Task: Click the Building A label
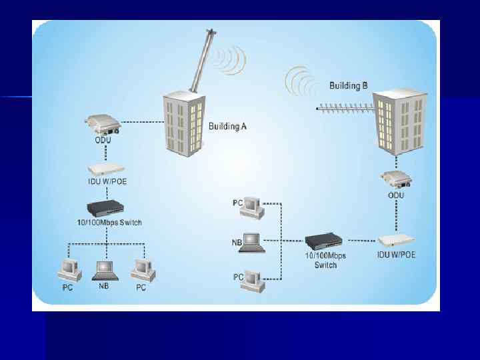(x=228, y=127)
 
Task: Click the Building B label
(x=348, y=85)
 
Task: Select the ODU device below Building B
(x=396, y=180)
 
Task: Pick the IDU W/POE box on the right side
(x=396, y=240)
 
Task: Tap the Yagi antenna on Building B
(x=344, y=107)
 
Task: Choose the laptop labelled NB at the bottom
(x=105, y=270)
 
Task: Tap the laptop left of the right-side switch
(x=254, y=242)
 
